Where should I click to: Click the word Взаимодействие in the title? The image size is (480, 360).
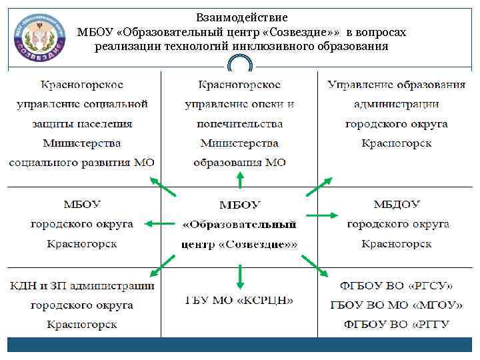(242, 17)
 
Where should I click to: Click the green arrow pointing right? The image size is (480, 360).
(322, 215)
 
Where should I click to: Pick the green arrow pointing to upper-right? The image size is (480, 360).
(319, 187)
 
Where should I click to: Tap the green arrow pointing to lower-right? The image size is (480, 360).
(314, 265)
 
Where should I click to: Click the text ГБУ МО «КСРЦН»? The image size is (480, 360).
(239, 300)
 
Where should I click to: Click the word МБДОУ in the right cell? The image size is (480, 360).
(397, 204)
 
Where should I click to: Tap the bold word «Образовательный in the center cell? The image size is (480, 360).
(239, 225)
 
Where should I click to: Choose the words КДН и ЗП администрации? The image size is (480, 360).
(82, 285)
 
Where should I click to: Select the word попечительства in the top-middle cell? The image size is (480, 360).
(239, 124)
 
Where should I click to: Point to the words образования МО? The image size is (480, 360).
(239, 163)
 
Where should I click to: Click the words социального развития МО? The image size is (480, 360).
(82, 163)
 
